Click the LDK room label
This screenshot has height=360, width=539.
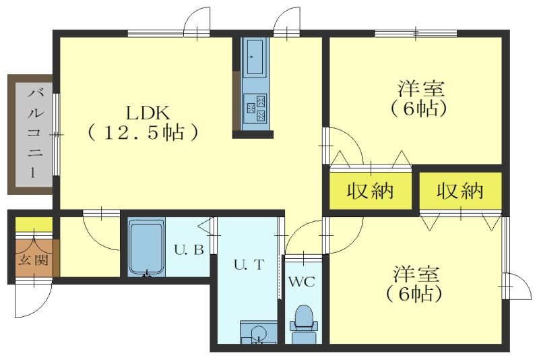[148, 113]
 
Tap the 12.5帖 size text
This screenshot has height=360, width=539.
[144, 133]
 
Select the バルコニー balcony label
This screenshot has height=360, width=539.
[35, 133]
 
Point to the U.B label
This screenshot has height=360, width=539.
[189, 249]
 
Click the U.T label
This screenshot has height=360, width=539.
[249, 265]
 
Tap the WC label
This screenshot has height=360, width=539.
[302, 282]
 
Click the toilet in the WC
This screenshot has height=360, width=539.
[303, 324]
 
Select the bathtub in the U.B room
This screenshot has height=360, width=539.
[146, 247]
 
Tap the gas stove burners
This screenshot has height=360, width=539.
[256, 108]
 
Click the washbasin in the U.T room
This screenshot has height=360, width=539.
[259, 333]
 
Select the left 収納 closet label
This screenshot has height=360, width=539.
[369, 191]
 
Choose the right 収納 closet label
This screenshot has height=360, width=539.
[460, 191]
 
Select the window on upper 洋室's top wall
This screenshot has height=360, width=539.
[415, 34]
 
